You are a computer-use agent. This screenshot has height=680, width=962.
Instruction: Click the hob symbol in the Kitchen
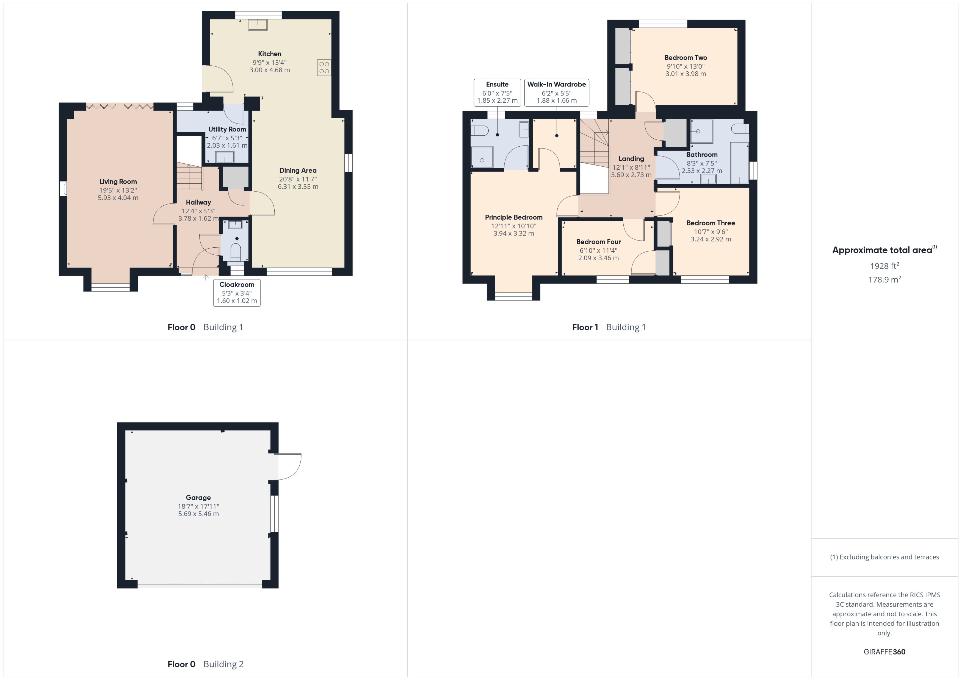(x=324, y=68)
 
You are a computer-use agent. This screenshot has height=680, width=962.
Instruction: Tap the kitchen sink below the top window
(x=257, y=25)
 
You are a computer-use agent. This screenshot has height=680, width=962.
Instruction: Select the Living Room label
(x=118, y=181)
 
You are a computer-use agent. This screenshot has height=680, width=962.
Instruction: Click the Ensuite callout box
(x=497, y=93)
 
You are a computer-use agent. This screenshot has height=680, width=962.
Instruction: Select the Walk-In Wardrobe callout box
(x=556, y=93)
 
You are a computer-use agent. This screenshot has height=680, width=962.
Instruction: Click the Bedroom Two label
(x=685, y=58)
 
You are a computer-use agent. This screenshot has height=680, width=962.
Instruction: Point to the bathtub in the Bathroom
(x=739, y=163)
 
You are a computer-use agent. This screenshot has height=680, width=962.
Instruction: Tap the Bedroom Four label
(x=598, y=242)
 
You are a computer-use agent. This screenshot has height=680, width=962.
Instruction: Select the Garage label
(x=198, y=497)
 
